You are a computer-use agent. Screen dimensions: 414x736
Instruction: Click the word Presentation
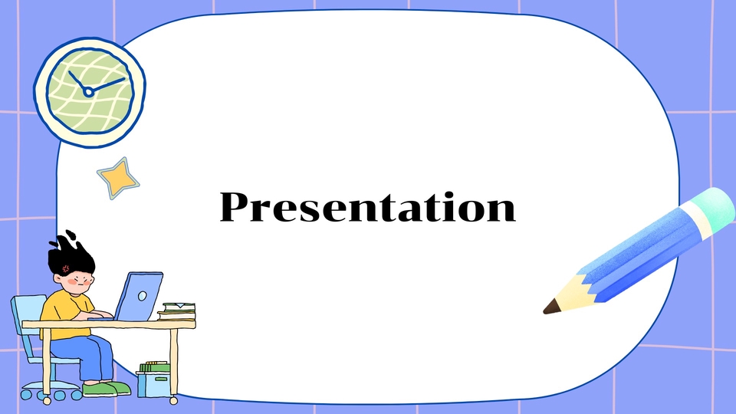coord(368,207)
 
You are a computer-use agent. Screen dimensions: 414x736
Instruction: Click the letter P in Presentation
coord(235,206)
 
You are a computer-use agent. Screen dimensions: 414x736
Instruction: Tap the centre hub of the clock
coord(88,92)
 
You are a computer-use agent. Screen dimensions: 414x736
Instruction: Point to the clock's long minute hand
coord(107,84)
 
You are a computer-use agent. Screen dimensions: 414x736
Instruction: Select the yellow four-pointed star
coord(118,178)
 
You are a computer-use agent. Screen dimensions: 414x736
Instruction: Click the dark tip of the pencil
coord(550,308)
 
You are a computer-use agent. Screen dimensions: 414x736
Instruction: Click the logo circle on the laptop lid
coord(142,294)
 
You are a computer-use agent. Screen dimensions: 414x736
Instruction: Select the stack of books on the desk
coord(177,310)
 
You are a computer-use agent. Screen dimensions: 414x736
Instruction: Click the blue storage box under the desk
coord(154,383)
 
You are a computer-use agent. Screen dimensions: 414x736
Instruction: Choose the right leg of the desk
coord(174,364)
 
